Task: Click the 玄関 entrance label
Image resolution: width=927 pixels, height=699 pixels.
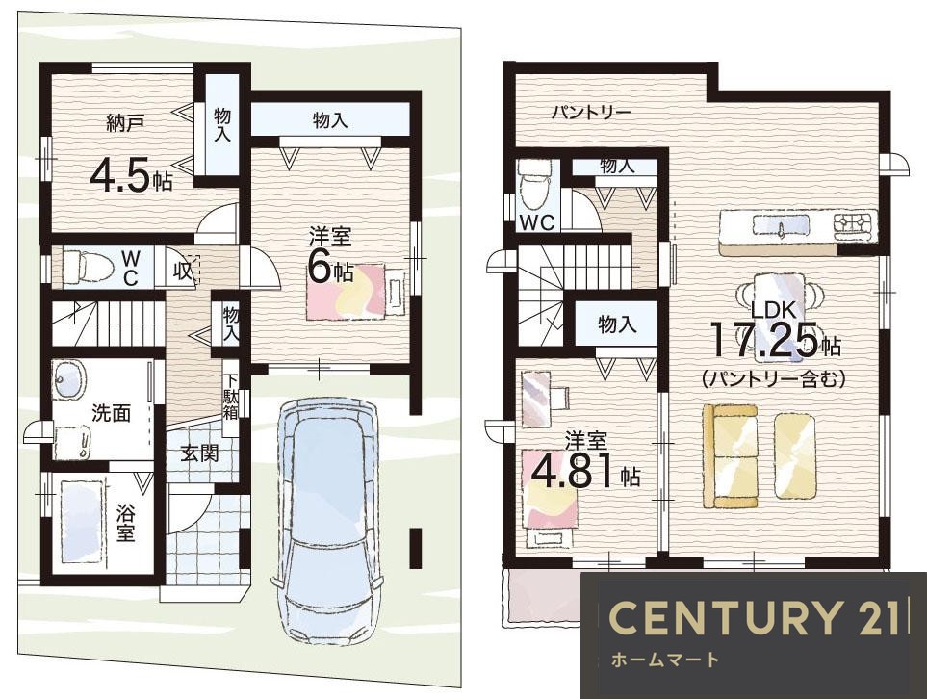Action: pos(199,453)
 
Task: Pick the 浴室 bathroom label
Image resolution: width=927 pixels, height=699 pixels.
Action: pos(125,523)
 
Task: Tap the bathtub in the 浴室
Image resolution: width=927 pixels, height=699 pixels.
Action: pos(82,523)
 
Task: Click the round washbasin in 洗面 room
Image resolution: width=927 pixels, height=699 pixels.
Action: pos(69,377)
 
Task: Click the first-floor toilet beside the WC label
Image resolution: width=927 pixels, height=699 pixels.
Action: pos(88,268)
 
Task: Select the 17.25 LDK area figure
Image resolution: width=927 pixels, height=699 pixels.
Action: pos(767,340)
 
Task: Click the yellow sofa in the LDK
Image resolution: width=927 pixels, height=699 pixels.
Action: pos(730,456)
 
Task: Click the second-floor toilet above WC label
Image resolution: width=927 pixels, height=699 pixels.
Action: pos(534,185)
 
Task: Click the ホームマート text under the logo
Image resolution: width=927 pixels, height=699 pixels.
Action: pos(664,660)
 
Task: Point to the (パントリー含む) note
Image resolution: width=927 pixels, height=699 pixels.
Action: pos(773,379)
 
